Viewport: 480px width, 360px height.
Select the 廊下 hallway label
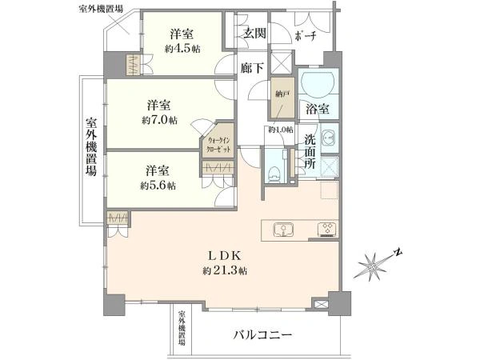pyautogui.click(x=252, y=69)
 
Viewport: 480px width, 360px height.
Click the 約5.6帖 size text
pyautogui.click(x=157, y=186)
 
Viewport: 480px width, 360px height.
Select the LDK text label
pyautogui.click(x=225, y=256)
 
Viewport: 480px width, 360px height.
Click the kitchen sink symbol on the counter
pyautogui.click(x=284, y=230)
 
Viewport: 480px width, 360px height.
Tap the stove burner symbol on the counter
pyautogui.click(x=327, y=230)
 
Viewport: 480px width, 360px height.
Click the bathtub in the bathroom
pyautogui.click(x=318, y=83)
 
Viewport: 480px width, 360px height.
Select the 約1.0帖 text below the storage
pyautogui.click(x=280, y=130)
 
